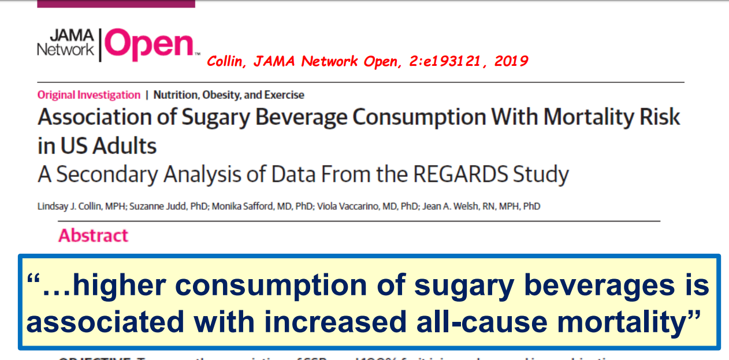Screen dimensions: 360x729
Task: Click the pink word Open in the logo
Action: [149, 45]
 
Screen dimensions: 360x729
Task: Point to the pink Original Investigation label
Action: [89, 95]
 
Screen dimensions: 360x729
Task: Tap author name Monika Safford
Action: [246, 206]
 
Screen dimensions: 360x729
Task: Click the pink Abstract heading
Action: [93, 236]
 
